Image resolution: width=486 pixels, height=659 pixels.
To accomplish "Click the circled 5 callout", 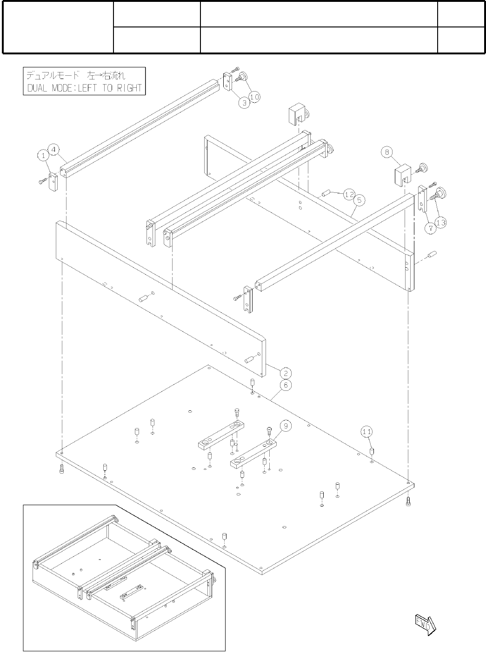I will pyautogui.click(x=359, y=200).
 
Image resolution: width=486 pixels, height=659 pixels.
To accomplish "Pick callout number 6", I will pyautogui.click(x=286, y=385).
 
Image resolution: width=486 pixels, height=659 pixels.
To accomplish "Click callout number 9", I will pyautogui.click(x=286, y=425).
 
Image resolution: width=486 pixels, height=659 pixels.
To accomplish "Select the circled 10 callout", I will pyautogui.click(x=254, y=96).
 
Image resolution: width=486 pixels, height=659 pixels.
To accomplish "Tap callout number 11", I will pyautogui.click(x=366, y=432).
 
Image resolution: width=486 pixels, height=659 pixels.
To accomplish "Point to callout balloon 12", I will pyautogui.click(x=349, y=195).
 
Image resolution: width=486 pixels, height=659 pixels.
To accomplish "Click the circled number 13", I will pyautogui.click(x=440, y=223).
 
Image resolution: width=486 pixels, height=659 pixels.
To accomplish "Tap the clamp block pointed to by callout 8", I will pyautogui.click(x=402, y=175).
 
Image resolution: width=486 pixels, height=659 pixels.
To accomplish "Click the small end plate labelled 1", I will pyautogui.click(x=52, y=182).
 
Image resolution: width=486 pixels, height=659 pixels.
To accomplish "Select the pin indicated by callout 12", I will pyautogui.click(x=325, y=192).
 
